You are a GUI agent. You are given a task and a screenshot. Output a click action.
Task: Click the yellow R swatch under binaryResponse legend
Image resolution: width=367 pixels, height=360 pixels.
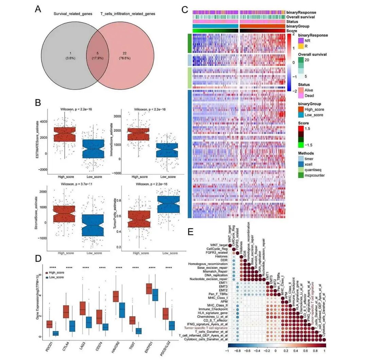[301, 46]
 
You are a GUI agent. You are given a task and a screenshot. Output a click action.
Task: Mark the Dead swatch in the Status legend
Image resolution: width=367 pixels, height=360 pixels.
[301, 96]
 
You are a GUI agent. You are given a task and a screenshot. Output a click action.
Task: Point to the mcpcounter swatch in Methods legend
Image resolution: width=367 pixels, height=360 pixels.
[301, 176]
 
